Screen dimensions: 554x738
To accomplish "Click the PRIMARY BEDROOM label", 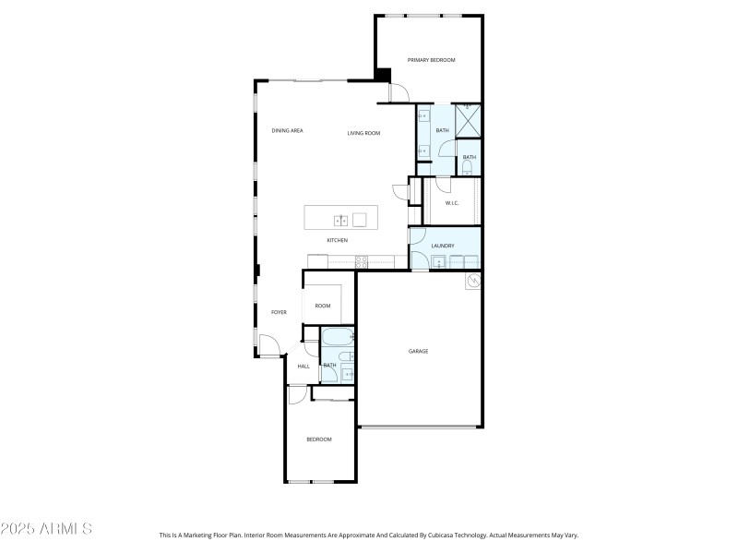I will coord(432,60).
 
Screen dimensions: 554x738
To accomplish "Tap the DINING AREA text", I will coord(287,131).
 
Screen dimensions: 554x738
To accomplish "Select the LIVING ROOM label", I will coord(363,134).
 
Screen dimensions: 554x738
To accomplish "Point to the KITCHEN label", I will coord(337,241).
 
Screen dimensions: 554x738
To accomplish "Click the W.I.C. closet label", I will coord(452,203).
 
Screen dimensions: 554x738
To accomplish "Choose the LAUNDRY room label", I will coord(443,246).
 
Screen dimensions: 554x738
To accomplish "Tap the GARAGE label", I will coord(418,351).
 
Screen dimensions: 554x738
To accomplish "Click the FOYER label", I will coord(279,312).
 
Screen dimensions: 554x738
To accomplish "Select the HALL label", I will coord(303,367).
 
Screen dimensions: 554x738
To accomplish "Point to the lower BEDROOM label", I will coord(319,440).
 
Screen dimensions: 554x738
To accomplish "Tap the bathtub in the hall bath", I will coord(337,337).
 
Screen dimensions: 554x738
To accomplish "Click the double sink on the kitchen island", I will coord(340,219).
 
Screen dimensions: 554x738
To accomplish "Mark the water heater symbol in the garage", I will coord(474,280).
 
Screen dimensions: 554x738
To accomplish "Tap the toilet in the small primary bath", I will coord(468,169).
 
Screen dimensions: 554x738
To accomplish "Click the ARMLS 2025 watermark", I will coord(46,529).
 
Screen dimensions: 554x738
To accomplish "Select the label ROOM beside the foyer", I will coord(323,306).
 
